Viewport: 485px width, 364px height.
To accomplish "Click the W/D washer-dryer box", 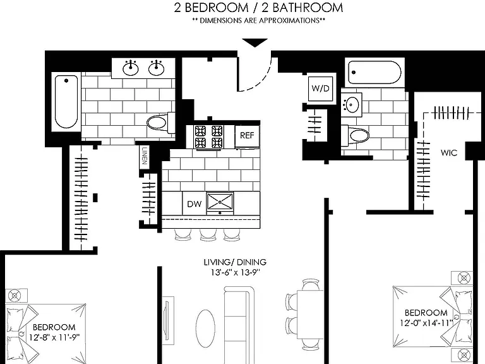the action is (320, 88).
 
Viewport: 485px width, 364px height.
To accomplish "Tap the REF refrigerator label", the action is (247, 135).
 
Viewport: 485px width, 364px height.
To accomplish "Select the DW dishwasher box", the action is (195, 203).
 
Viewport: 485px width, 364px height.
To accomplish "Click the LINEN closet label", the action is (145, 156).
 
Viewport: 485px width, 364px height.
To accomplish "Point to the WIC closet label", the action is (449, 152).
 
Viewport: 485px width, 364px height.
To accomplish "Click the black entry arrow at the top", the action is (254, 43).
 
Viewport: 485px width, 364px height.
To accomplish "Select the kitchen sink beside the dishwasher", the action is (220, 203).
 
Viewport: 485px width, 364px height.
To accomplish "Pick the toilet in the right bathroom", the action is (356, 135).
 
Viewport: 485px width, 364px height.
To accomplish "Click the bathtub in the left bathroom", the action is (66, 102).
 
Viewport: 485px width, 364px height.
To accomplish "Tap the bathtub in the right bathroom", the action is (374, 73).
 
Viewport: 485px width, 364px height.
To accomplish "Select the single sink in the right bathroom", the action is (352, 104).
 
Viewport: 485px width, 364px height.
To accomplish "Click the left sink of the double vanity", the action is (131, 68).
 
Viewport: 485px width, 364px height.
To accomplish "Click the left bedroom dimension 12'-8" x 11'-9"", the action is (54, 337).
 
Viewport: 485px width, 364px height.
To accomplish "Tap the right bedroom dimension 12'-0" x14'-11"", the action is (426, 323).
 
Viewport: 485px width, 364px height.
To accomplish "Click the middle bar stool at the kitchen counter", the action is (207, 234).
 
